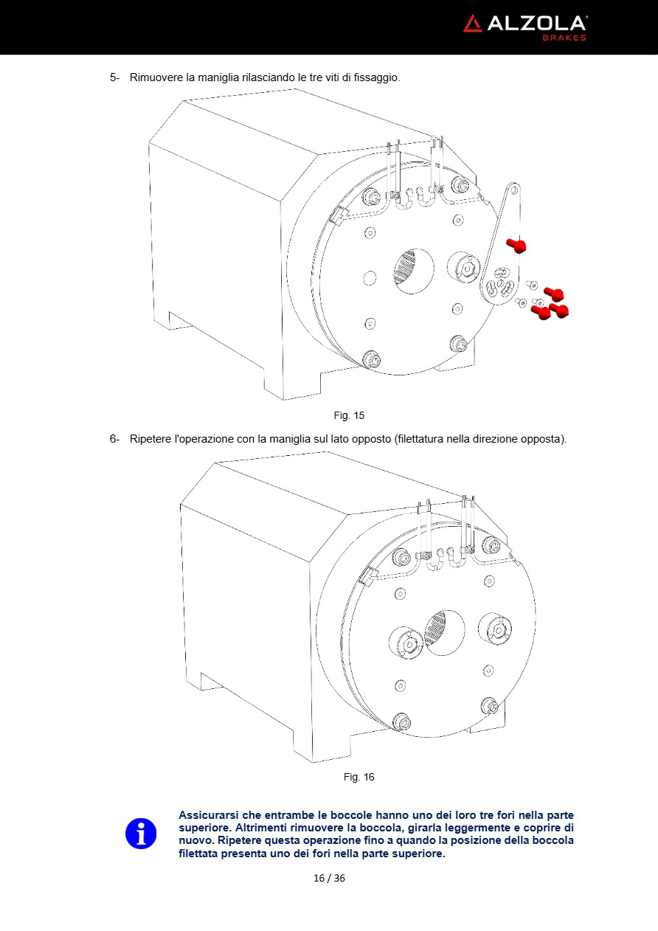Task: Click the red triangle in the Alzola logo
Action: (472, 24)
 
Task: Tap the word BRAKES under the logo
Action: (564, 38)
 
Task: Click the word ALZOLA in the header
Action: (536, 24)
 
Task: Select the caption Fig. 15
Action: (349, 415)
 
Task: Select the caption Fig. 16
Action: (359, 778)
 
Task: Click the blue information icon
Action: (141, 834)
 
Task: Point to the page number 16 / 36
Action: (329, 878)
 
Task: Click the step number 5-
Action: (114, 77)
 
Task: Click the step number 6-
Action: (114, 439)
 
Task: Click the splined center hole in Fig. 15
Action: (413, 271)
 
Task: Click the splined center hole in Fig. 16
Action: (444, 632)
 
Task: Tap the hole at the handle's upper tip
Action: (514, 190)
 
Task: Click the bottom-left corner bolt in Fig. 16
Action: (401, 721)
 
